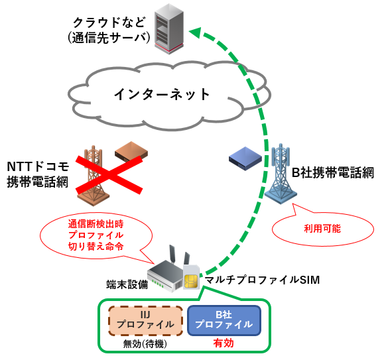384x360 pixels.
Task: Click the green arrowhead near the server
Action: (194, 30)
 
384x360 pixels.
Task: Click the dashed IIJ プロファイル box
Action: (146, 320)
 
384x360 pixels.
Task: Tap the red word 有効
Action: (224, 344)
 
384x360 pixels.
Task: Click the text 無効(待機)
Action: (145, 344)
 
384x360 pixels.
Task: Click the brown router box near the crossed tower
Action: (131, 152)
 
